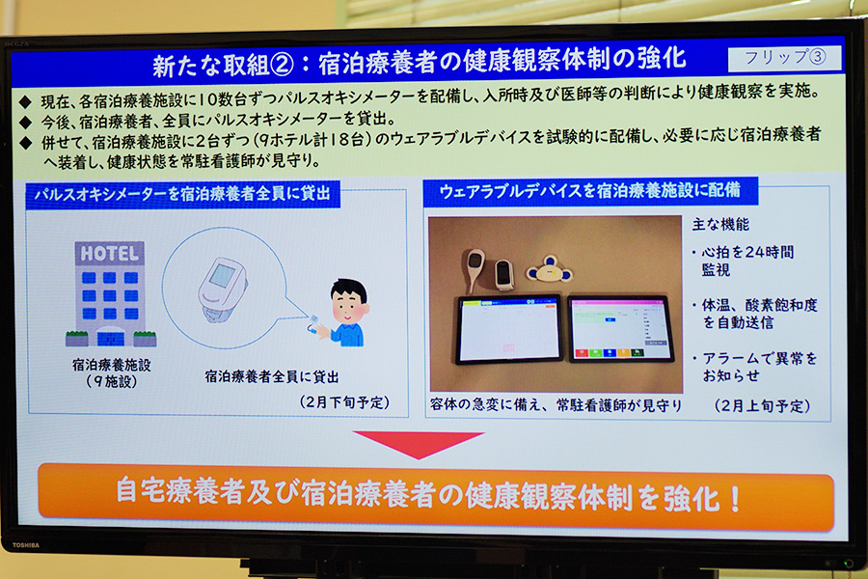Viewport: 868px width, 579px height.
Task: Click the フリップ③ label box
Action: point(784,58)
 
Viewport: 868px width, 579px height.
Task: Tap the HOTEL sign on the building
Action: point(110,254)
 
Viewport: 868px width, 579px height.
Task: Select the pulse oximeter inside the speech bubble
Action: point(223,289)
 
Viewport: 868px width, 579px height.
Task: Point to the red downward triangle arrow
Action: point(419,443)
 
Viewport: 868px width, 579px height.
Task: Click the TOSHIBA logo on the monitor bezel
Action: point(26,545)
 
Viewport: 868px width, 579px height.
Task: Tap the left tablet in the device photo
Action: point(508,329)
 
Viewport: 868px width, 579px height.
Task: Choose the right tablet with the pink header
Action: point(620,329)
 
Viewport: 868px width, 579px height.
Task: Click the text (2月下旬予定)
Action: point(344,402)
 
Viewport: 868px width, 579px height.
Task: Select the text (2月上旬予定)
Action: point(762,405)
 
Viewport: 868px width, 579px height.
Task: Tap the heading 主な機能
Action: point(720,225)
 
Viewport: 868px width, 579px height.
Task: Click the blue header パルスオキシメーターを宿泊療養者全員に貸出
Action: point(182,193)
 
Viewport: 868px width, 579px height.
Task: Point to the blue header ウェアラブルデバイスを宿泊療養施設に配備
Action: point(590,191)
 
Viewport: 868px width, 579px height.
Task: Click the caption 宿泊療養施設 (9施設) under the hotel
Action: point(111,372)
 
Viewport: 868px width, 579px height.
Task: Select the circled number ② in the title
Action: point(283,65)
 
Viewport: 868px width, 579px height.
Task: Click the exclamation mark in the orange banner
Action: point(735,499)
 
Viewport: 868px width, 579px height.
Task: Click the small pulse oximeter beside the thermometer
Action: point(503,275)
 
